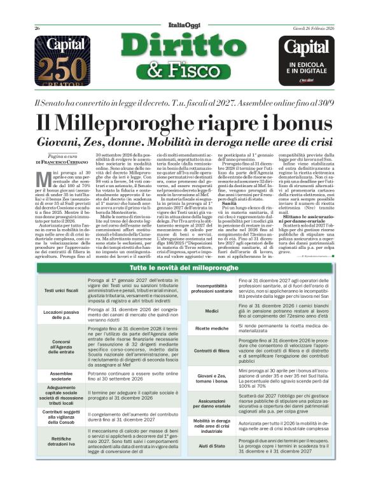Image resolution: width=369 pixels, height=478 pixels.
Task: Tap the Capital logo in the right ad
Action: click(x=309, y=48)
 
